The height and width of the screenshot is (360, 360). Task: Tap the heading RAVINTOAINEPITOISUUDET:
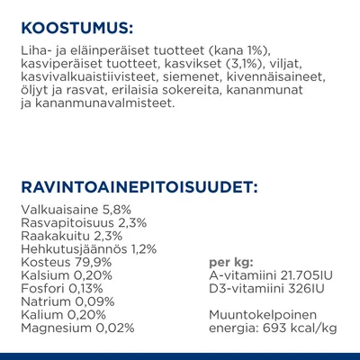tap(139, 187)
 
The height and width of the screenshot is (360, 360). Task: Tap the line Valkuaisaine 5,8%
tap(73, 210)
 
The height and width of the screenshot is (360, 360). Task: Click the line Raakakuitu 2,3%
tap(70, 236)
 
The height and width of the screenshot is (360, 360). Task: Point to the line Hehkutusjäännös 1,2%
tap(88, 248)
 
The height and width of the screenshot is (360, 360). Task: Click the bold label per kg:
tap(229, 262)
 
